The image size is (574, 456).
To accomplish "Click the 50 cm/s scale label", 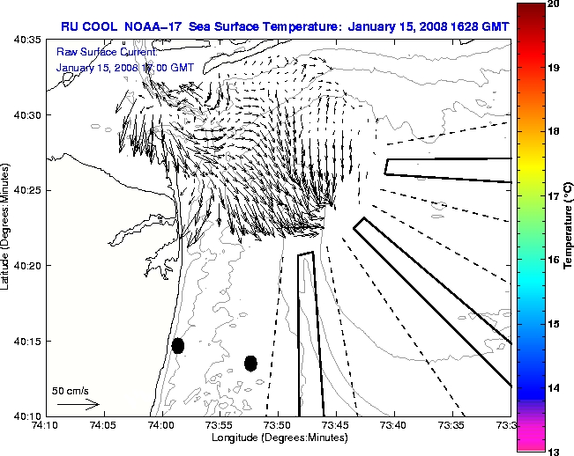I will [x=71, y=390].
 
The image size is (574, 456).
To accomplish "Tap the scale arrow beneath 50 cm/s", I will [x=78, y=404].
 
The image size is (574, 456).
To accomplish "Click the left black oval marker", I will [x=178, y=345].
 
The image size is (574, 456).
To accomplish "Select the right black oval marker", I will [x=250, y=363].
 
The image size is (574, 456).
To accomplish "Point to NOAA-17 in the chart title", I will [x=145, y=26].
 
